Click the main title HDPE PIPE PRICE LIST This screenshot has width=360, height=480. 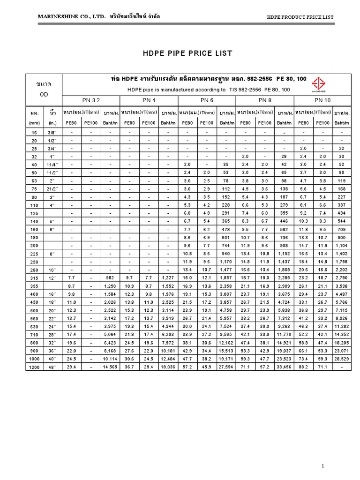click(187, 53)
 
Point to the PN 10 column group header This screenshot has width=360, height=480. click(322, 100)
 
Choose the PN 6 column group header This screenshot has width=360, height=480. click(207, 100)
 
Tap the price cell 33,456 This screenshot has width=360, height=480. click(285, 367)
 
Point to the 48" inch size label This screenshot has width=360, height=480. click(52, 367)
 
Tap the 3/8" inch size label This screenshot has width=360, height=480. click(52, 133)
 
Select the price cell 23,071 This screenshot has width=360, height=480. click(343, 351)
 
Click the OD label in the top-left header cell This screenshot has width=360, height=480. click(43, 93)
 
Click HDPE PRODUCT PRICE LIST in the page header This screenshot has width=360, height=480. click(300, 17)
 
